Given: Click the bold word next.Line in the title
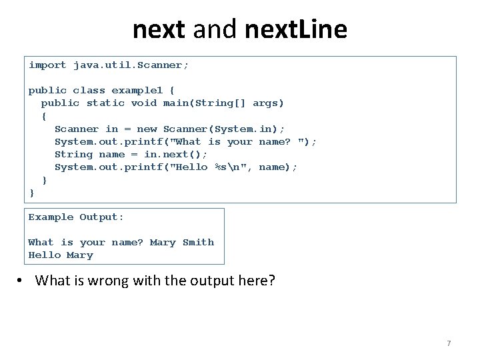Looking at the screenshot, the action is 296,29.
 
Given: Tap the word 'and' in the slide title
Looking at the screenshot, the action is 218,29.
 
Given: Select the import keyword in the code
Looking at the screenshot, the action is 47,65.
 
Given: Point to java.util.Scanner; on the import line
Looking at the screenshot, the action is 131,65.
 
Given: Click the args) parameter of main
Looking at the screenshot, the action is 269,103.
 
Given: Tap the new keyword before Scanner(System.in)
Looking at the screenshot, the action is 147,129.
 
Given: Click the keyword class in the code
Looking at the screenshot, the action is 89,91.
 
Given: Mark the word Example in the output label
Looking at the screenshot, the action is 51,217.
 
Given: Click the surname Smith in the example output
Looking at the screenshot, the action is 198,243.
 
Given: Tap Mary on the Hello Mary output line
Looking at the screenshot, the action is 80,255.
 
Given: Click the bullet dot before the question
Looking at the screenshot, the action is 21,281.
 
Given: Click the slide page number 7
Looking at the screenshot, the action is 449,343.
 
